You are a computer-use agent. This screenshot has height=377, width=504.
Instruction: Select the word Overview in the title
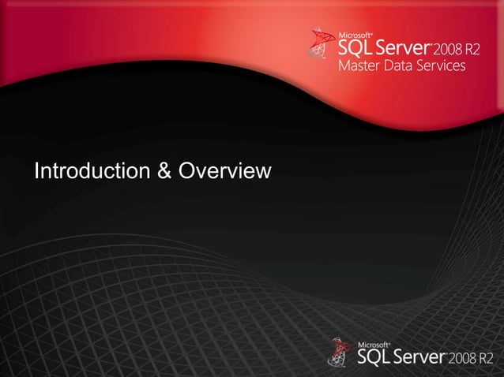[x=226, y=170]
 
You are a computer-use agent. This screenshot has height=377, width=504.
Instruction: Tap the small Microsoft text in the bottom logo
[x=375, y=345]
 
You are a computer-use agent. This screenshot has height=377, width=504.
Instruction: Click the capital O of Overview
[x=188, y=170]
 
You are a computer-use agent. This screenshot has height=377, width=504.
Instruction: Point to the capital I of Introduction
[x=36, y=170]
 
